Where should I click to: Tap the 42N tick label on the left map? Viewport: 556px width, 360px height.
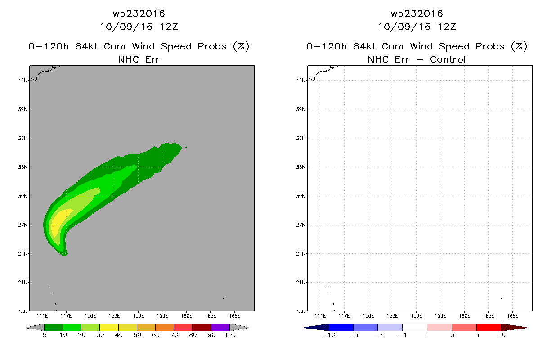[x=22, y=81]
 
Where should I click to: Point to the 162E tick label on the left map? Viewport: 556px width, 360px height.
[x=186, y=316]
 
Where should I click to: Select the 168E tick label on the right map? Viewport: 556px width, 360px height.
[x=512, y=316]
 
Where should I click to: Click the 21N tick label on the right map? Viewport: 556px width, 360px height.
[x=300, y=283]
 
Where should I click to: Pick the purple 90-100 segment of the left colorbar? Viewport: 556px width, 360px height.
[x=220, y=327]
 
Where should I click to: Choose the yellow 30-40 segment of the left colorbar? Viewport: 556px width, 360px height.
[x=109, y=327]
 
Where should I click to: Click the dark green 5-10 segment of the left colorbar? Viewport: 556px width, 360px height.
[x=54, y=327]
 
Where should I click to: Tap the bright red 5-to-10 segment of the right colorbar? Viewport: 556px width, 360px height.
[x=489, y=327]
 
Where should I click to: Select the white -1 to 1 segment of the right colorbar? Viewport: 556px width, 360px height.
[x=415, y=327]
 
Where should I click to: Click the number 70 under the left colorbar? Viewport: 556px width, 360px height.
[x=174, y=335]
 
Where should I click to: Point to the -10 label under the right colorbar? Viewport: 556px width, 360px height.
[x=329, y=335]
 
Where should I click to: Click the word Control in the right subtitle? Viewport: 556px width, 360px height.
[x=448, y=59]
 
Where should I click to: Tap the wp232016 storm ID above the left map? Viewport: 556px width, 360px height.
[x=139, y=13]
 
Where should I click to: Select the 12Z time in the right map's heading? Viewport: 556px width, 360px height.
[x=447, y=27]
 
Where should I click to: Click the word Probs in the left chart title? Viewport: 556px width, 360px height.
[x=212, y=46]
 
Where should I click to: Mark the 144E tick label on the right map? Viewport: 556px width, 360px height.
[x=320, y=316]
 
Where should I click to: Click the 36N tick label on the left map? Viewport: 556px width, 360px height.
[x=22, y=138]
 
